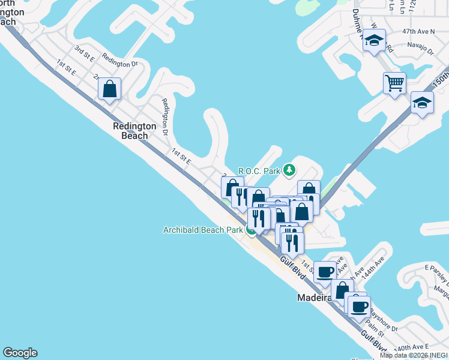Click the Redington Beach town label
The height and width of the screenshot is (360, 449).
coord(134,131)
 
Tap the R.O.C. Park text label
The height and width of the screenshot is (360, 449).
coord(259,171)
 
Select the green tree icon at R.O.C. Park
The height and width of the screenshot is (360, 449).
coord(289,170)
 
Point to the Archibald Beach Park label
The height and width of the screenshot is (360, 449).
coord(203,230)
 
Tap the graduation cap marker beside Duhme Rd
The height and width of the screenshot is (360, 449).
coord(374,41)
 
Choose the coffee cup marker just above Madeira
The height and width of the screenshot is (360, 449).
coord(325,271)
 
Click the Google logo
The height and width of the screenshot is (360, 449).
coord(20,353)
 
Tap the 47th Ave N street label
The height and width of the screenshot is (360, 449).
coord(418,31)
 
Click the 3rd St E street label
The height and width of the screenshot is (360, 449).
coord(85,53)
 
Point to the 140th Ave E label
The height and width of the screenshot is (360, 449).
coord(412,347)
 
